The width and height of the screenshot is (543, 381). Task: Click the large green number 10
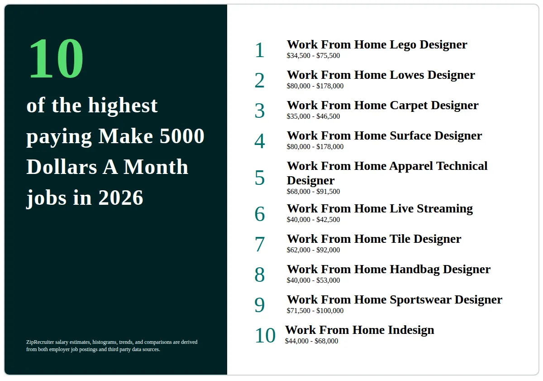56,58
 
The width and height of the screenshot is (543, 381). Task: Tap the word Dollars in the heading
62,167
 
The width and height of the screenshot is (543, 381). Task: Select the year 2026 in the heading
121,198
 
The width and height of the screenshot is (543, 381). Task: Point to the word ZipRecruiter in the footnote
40,342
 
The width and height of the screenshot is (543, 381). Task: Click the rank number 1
260,50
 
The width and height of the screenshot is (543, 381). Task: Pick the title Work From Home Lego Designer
377,45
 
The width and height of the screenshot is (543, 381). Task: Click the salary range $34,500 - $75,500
313,56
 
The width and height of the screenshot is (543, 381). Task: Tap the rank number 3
260,111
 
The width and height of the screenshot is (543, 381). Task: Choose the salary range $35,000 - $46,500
313,116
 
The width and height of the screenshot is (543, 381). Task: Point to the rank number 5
260,178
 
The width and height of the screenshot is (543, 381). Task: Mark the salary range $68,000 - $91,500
313,192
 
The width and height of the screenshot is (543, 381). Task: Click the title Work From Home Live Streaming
380,209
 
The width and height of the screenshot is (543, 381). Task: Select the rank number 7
260,244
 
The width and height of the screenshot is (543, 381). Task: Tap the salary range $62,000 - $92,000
313,250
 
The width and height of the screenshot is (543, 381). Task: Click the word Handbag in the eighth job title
414,270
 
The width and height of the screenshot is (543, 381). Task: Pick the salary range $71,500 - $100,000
315,311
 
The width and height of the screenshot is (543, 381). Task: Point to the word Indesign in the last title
411,330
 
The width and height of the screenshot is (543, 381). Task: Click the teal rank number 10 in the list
265,335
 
